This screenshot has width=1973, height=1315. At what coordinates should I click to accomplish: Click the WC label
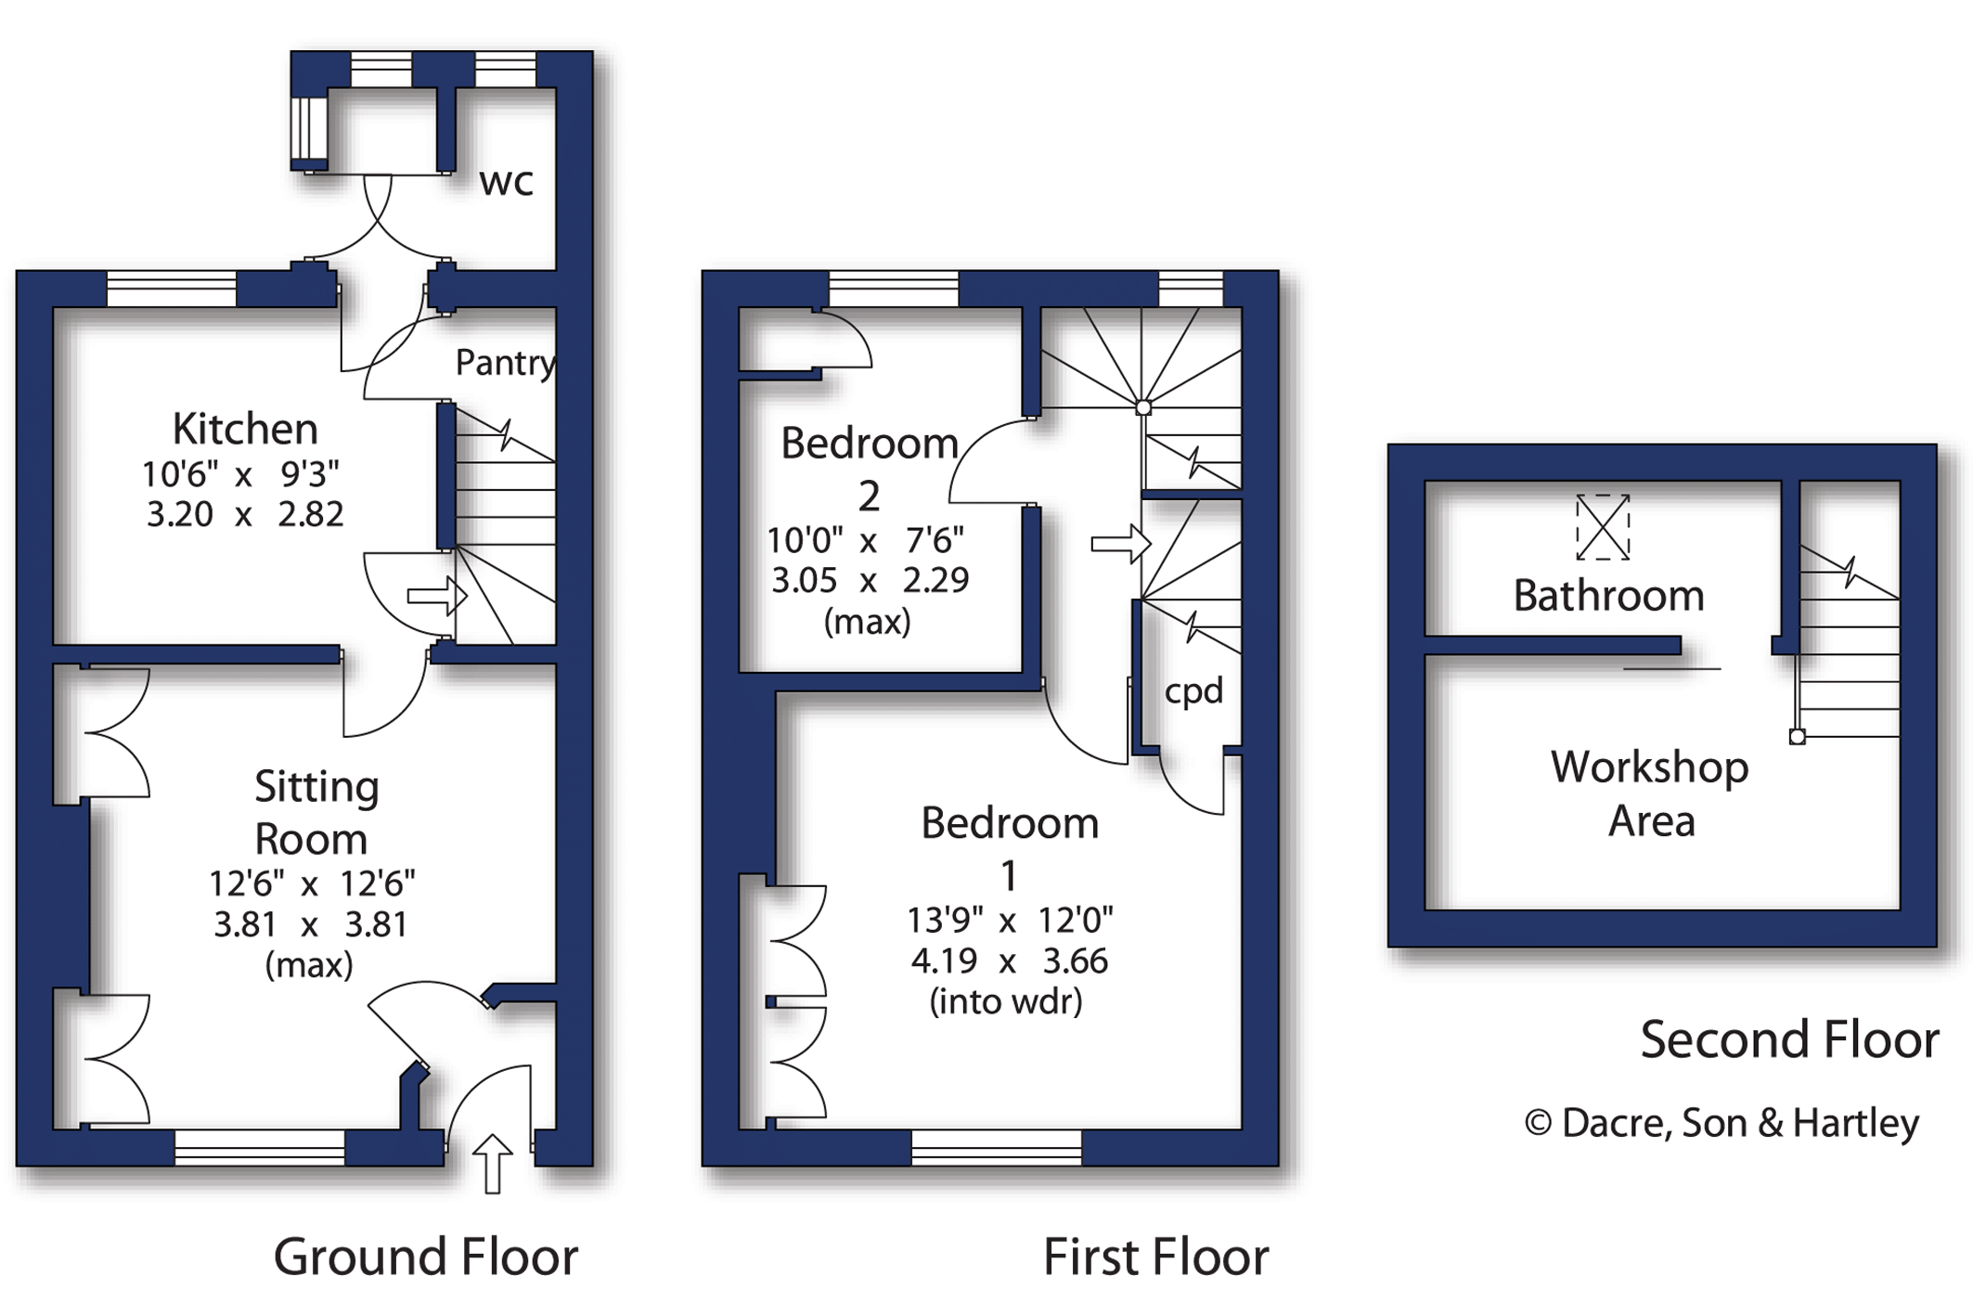pos(506,183)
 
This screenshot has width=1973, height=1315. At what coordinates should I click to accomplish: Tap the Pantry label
pos(504,363)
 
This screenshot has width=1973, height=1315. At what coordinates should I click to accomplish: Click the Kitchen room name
pos(245,429)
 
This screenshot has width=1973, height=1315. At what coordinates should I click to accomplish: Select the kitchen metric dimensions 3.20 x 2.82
pos(245,514)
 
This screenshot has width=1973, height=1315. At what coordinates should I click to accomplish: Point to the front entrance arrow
pos(492,1163)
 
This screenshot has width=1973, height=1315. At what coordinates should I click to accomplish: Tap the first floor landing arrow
pos(1120,544)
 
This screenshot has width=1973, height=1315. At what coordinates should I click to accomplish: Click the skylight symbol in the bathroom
pos(1603,527)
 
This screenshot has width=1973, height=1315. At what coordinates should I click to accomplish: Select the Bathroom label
pos(1608,596)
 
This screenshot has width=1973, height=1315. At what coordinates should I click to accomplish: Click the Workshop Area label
pos(1650,793)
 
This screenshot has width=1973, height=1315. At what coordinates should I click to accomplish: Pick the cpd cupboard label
pos(1193,691)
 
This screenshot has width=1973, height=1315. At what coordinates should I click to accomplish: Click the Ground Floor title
pos(425,1257)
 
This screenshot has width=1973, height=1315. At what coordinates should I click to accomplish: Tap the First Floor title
pos(1155,1257)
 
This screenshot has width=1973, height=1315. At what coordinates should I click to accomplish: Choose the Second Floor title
pos(1789,1039)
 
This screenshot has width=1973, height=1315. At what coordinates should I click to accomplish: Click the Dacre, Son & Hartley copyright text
pos(1722,1123)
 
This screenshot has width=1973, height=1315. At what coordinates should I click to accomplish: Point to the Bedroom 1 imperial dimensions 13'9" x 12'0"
pos(1010,921)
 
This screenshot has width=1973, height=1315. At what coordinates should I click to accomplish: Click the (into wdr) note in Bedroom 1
pos(1006,1002)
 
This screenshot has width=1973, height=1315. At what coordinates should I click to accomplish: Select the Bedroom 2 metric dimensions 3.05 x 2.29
pos(870,580)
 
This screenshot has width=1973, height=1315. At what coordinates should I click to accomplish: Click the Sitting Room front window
pos(260,1147)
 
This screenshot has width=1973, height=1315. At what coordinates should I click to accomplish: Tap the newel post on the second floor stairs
pos(1798,737)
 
